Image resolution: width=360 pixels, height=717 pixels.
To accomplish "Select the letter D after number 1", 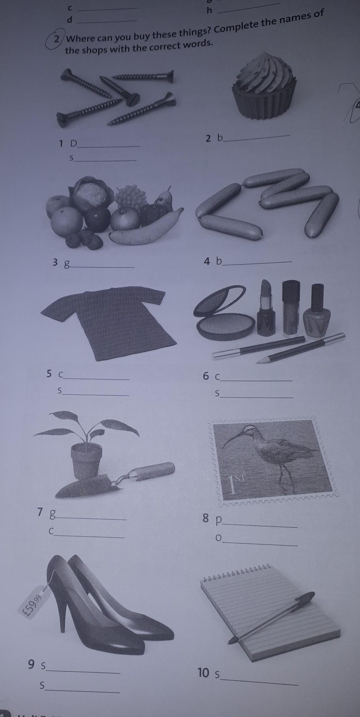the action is [x=74, y=143].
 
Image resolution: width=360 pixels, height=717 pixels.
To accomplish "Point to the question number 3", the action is [x=55, y=262].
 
